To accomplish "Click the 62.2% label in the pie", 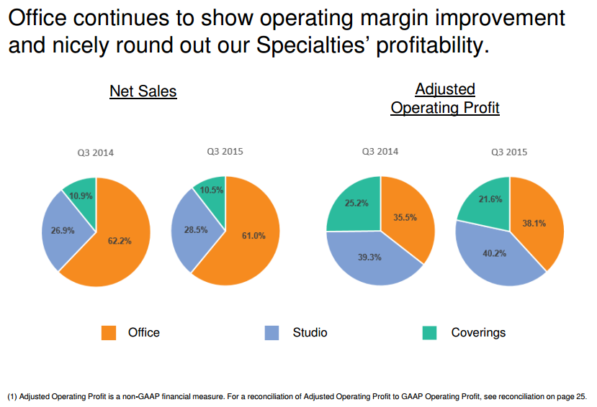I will pos(120,241).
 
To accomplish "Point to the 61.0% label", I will pos(253,236).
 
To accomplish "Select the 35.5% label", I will pos(405,217).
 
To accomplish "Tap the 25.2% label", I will pos(356,203).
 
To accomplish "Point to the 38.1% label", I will pos(534,223).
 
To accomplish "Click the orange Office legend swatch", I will pos(109,332).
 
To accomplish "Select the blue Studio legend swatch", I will pos(271,332).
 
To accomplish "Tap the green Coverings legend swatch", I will pos(430,332).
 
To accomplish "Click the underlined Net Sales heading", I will pos(143,91).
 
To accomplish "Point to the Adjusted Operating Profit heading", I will pos(445,99).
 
